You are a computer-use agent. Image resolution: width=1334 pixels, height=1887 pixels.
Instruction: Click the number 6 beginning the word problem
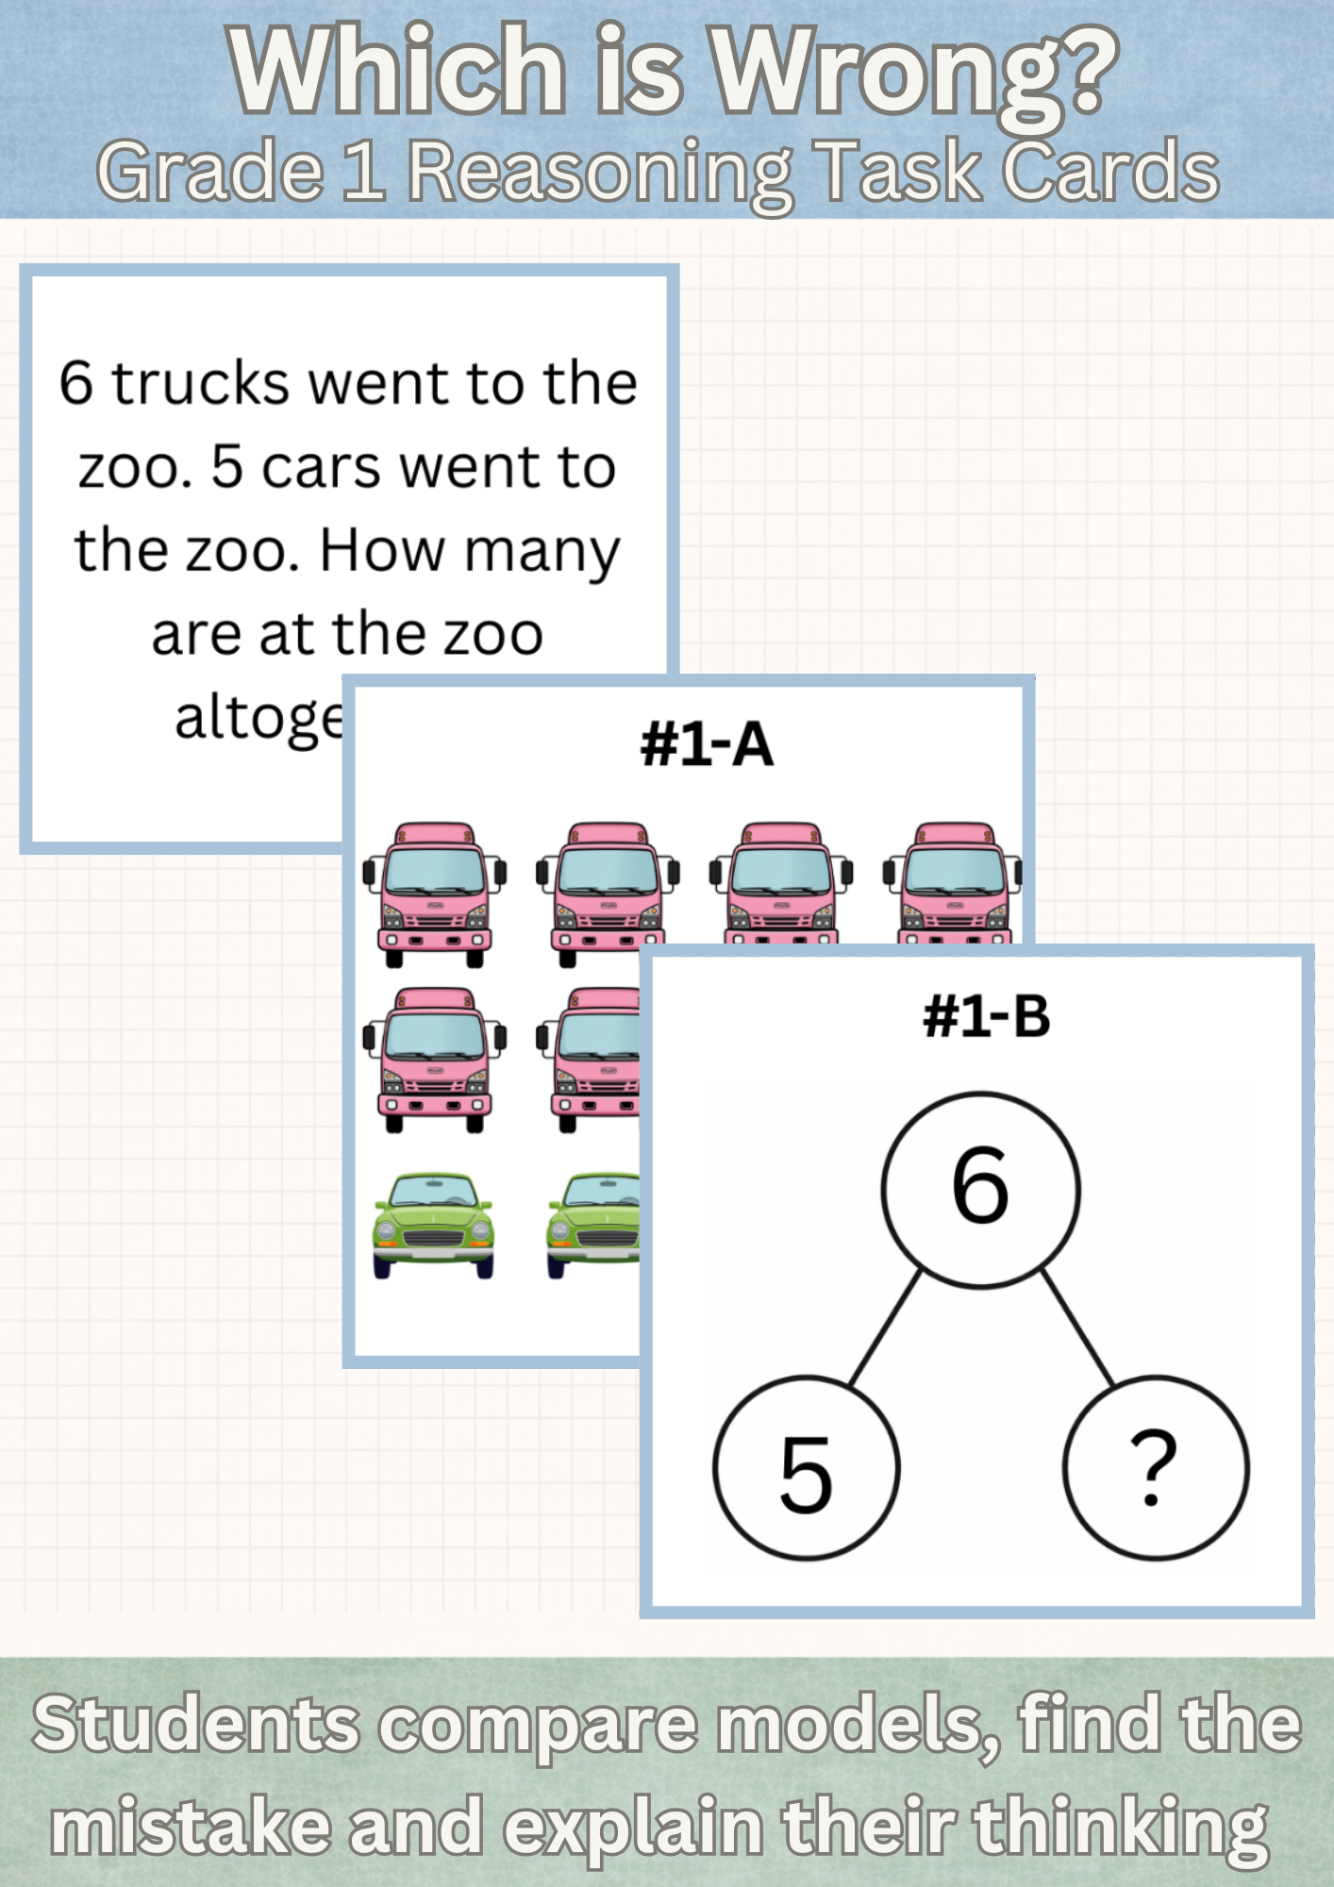click(76, 383)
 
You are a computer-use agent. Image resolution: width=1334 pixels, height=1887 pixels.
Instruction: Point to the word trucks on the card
click(201, 383)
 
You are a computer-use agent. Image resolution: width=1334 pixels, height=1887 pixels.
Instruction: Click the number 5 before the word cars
click(227, 467)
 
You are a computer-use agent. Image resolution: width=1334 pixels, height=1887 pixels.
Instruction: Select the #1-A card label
click(707, 744)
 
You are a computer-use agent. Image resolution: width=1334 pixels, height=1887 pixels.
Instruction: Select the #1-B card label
click(986, 1017)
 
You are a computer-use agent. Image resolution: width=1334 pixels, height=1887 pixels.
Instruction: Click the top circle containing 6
click(980, 1189)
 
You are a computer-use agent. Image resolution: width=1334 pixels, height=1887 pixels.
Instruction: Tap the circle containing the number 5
click(807, 1467)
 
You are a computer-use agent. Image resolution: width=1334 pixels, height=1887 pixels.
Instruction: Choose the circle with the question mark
click(1156, 1467)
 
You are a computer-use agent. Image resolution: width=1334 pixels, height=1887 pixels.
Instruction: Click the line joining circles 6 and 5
click(885, 1328)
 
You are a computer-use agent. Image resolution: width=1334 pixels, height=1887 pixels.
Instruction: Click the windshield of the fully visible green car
click(433, 1192)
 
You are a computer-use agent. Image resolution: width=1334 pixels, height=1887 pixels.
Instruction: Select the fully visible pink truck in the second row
click(435, 1059)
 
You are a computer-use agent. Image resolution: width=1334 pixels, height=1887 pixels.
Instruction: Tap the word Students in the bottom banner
click(196, 1724)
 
